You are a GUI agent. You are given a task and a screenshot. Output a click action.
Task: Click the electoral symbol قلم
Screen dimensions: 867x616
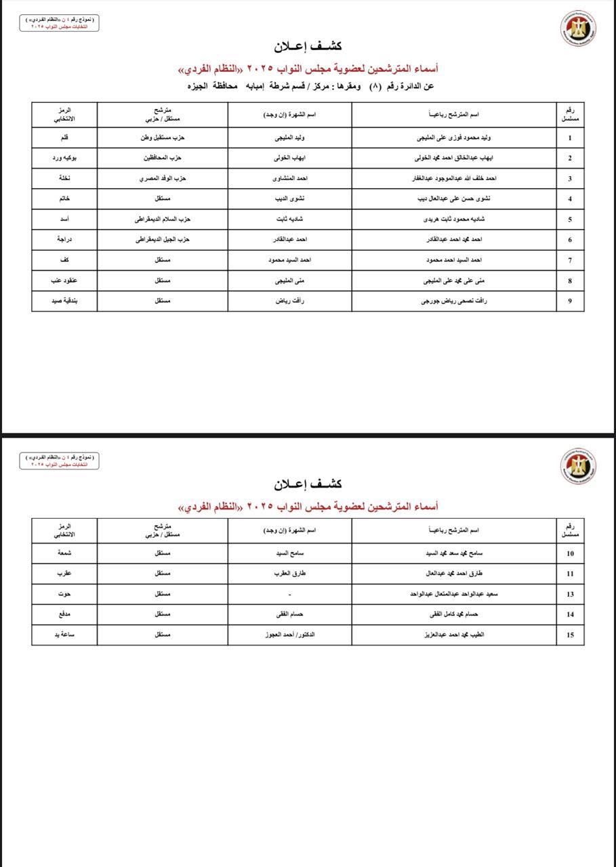pos(64,138)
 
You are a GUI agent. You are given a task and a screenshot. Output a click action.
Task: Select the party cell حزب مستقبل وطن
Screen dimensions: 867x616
pos(163,138)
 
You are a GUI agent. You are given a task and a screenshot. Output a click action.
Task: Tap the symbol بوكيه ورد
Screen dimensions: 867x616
pos(64,158)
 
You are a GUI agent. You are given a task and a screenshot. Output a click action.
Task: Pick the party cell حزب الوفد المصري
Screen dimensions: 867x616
pos(163,178)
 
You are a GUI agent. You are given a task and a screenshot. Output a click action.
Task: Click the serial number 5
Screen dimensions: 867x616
pos(570,219)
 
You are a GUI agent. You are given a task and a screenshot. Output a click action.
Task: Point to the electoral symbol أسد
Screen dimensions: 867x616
pos(64,219)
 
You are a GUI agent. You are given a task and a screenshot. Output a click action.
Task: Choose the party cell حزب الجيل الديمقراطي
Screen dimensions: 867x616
pos(163,239)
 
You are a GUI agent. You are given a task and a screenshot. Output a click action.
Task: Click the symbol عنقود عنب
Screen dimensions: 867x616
pos(64,280)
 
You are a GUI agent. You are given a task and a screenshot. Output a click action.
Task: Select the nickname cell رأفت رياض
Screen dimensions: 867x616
pos(290,301)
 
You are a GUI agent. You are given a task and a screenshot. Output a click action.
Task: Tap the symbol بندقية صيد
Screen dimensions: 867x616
pos(64,301)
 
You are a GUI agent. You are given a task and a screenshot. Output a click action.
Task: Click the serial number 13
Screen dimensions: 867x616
pos(570,594)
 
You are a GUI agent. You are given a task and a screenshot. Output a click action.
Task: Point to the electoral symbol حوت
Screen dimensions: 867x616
pos(64,593)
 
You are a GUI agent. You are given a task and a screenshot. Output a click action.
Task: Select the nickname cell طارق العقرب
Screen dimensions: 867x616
pos(290,573)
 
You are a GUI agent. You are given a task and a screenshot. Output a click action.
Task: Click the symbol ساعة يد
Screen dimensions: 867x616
pos(64,635)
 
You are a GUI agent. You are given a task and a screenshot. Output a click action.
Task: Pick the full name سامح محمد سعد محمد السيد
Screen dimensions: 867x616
pos(453,553)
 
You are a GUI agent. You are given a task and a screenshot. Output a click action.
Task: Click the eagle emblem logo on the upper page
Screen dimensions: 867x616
pos(578,29)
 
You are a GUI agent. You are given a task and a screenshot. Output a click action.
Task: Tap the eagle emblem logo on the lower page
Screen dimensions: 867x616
pos(578,465)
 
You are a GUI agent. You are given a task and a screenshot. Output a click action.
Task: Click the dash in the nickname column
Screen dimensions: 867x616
pos(290,594)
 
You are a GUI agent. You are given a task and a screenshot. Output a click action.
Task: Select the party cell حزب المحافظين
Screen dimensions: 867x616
pos(163,158)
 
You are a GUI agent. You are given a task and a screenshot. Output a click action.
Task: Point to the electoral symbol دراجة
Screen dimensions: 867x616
pos(64,239)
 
